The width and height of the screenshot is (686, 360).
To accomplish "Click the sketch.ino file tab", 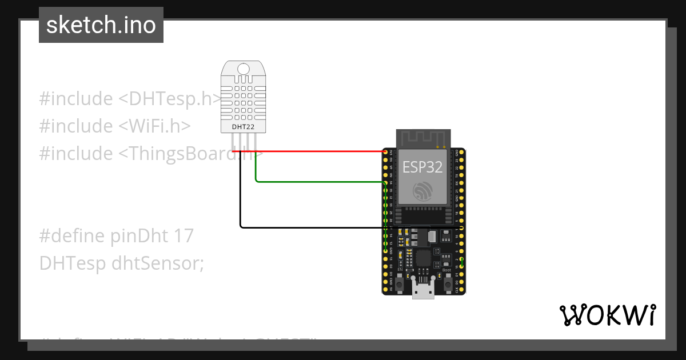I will [101, 25].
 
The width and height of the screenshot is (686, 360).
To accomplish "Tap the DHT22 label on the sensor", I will [243, 126].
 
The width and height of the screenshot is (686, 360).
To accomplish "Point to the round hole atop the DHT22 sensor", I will [244, 69].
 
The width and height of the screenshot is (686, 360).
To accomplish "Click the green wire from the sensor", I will [320, 182].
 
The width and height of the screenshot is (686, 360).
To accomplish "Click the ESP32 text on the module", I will [422, 167].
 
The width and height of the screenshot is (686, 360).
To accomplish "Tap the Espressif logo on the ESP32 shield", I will [422, 191].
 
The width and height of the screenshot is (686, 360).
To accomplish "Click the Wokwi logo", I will [607, 315].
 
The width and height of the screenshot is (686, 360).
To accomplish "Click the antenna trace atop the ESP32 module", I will [423, 138].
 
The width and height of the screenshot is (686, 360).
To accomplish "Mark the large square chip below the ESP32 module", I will [423, 258].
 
